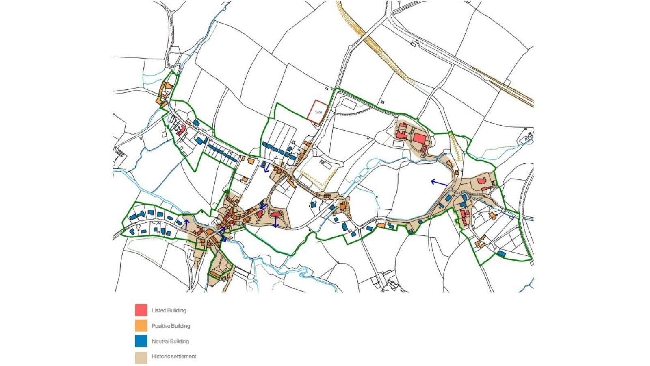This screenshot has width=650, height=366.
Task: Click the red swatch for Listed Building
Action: [x=141, y=310]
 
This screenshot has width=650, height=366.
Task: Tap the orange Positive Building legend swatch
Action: [x=141, y=326]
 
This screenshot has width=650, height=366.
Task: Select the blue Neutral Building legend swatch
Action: [x=141, y=341]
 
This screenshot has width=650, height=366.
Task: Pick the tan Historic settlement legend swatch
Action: [x=141, y=357]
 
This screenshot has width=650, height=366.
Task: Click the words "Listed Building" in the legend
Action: [x=169, y=310]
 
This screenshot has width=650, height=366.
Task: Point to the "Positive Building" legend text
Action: [x=171, y=326]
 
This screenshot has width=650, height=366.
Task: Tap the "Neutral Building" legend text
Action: [x=170, y=341]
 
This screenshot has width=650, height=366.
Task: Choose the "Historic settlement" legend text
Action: [x=174, y=357]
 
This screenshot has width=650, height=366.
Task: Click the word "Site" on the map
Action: [x=318, y=112]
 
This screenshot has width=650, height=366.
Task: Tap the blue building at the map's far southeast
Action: [x=502, y=254]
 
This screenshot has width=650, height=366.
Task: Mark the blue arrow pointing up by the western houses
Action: [x=186, y=224]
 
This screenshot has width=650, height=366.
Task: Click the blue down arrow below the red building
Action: [x=276, y=222]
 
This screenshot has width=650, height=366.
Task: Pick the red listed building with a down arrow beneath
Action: [x=276, y=214]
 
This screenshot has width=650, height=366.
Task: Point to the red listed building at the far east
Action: [x=481, y=181]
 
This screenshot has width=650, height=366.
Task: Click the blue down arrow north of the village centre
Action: [x=266, y=167]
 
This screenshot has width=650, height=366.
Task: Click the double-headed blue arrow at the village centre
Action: [x=222, y=235]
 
